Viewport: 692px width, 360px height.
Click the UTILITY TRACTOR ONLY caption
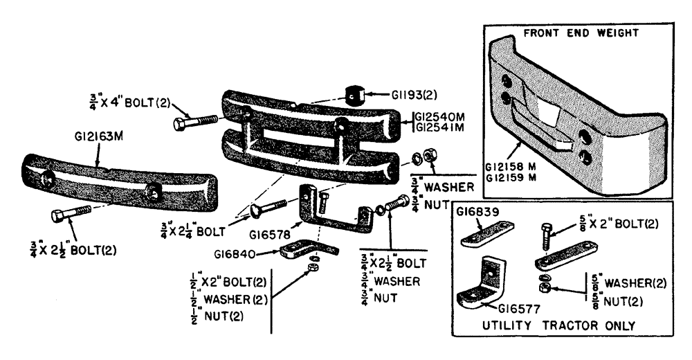559,325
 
